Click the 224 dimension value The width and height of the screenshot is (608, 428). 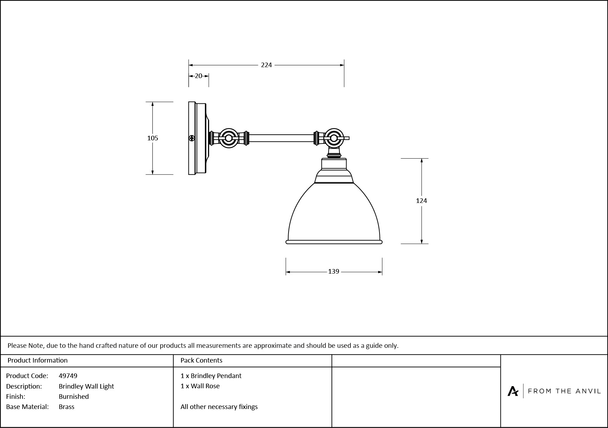(266, 65)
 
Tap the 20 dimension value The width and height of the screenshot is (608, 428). (199, 76)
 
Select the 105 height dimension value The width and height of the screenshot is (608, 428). (153, 138)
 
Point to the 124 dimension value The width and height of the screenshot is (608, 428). (421, 201)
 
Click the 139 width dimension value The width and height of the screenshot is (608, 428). (334, 272)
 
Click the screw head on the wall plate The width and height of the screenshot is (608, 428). (192, 138)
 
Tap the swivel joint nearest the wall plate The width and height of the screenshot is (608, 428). (228, 138)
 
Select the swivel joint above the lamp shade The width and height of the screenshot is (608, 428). (334, 138)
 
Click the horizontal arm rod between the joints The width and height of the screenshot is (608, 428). (281, 138)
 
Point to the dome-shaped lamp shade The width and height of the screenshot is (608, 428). (334, 213)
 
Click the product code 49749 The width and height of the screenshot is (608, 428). (68, 376)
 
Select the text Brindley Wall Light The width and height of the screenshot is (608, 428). (86, 387)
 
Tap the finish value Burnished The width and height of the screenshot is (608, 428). (74, 397)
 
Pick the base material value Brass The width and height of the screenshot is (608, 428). (66, 407)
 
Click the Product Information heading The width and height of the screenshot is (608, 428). (38, 360)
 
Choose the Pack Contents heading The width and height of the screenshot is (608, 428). (201, 360)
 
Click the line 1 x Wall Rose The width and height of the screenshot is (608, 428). (200, 386)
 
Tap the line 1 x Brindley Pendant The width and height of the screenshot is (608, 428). (211, 376)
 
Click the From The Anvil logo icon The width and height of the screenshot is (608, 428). (513, 391)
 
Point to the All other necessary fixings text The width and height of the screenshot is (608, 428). (219, 407)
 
